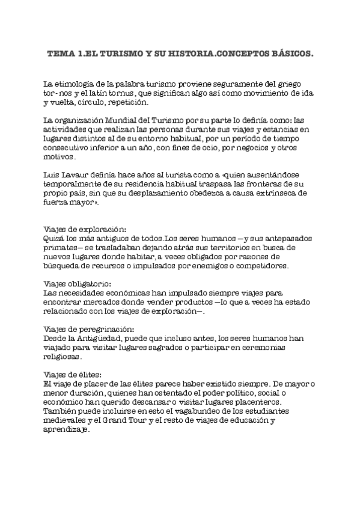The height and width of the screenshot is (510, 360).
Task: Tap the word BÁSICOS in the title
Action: (290, 54)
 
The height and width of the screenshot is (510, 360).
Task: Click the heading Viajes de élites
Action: (69, 374)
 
